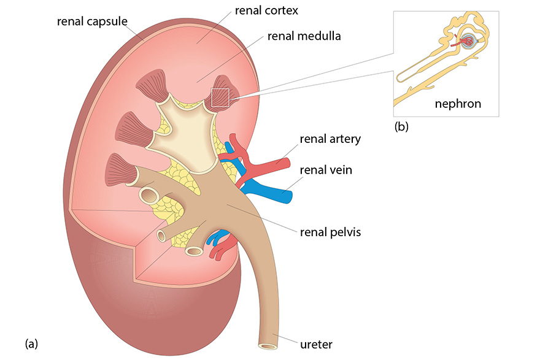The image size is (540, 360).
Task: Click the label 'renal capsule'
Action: [x=93, y=21]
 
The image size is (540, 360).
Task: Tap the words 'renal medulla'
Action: [x=304, y=36]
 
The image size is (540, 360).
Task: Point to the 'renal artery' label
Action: [x=330, y=139]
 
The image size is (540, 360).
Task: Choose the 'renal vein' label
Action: [x=326, y=170]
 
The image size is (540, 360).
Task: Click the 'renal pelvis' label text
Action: [x=330, y=232]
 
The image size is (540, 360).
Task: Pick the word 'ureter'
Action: [x=317, y=344]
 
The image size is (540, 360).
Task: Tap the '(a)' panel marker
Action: [x=32, y=343]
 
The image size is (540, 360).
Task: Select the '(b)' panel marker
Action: [x=401, y=128]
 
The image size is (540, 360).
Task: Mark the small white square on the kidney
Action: [x=220, y=98]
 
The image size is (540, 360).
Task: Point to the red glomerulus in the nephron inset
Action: [x=468, y=42]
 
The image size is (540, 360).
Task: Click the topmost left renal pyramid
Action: [x=150, y=87]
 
